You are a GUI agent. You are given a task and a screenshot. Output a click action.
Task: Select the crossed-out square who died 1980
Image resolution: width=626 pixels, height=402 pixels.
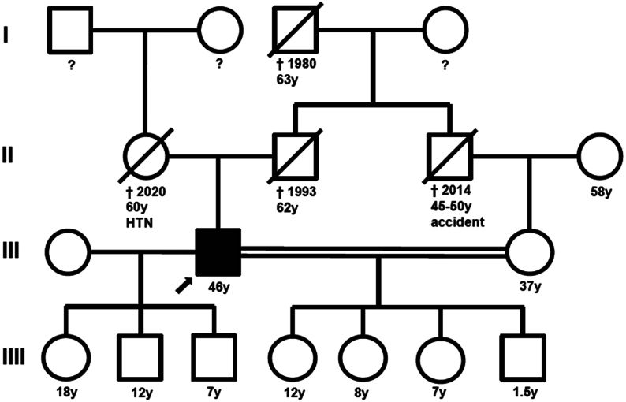click(x=296, y=32)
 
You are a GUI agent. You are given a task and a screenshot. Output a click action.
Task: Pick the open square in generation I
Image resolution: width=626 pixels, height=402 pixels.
click(x=67, y=32)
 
